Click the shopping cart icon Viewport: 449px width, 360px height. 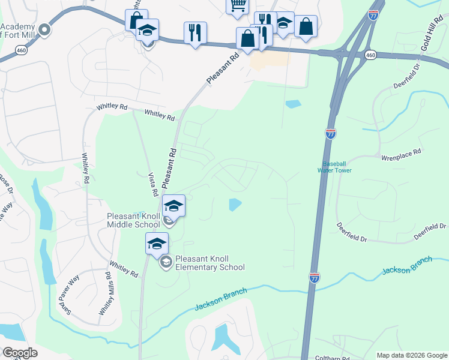[x=238, y=5]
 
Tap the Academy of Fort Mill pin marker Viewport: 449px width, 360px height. [x=44, y=29]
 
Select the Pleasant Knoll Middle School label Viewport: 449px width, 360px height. [x=133, y=220]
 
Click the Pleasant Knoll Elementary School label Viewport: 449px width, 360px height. [x=210, y=263]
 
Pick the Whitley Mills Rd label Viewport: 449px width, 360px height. [x=104, y=295]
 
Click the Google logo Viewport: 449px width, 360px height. [x=20, y=353]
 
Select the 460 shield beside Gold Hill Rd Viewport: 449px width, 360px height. [x=370, y=55]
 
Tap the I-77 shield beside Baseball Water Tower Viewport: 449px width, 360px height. [x=331, y=134]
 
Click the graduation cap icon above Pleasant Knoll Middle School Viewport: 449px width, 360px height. [x=173, y=206]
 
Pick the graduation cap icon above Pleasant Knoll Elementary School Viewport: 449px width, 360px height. [x=157, y=243]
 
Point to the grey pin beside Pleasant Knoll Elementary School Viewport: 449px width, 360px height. [x=165, y=262]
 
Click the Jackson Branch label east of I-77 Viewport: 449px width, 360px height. [x=407, y=267]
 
